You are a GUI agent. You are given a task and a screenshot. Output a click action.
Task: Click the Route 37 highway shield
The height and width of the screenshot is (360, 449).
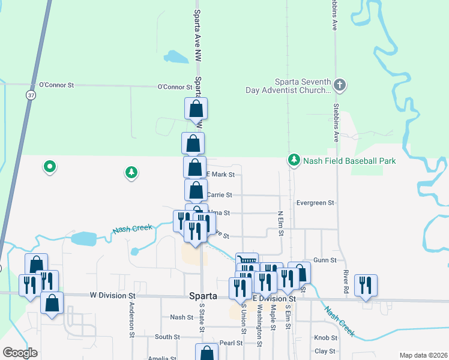pyautogui.click(x=31, y=95)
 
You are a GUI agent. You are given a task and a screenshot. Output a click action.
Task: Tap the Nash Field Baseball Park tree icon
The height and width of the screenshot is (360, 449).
pyautogui.click(x=294, y=160)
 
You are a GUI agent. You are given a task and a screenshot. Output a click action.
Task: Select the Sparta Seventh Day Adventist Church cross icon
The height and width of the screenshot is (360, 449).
pyautogui.click(x=339, y=85)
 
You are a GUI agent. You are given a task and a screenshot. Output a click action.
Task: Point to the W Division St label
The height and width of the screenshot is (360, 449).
pyautogui.click(x=113, y=296)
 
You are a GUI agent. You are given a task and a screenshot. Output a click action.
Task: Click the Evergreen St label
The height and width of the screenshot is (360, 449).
pyautogui.click(x=315, y=203)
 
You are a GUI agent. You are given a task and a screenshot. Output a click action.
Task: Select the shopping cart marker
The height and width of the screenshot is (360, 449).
pyautogui.click(x=247, y=262)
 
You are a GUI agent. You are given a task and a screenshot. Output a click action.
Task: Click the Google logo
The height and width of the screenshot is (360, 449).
pyautogui.click(x=20, y=353)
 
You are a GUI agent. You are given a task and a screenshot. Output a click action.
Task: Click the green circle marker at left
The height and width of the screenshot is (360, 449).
pyautogui.click(x=50, y=166)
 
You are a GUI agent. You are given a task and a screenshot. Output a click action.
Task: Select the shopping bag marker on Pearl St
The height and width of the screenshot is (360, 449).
pyautogui.click(x=206, y=353)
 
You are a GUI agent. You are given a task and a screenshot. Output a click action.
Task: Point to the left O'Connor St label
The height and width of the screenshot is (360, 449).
pyautogui.click(x=56, y=86)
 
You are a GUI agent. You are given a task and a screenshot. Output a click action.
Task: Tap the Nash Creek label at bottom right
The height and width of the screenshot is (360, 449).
pyautogui.click(x=340, y=321)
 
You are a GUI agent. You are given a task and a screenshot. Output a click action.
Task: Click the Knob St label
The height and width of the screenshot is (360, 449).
pyautogui.click(x=325, y=338)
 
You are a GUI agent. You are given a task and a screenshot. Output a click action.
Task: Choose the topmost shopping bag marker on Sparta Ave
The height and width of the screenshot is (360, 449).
pyautogui.click(x=196, y=109)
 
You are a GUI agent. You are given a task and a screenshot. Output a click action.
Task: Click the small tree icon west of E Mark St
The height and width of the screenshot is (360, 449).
pyautogui.click(x=131, y=173)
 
